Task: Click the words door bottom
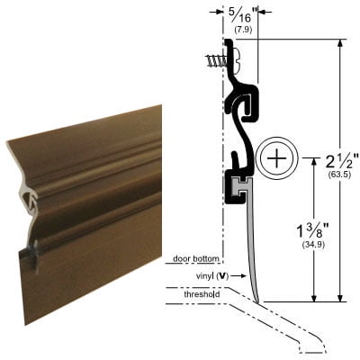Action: coord(191,259)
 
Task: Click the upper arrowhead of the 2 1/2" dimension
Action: coord(340,44)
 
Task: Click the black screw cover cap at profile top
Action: coord(238,60)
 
